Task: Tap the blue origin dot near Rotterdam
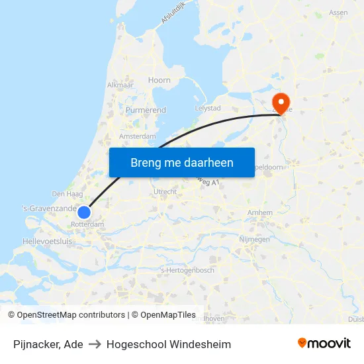click(84, 212)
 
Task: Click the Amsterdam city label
click(137, 136)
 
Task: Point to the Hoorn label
click(159, 80)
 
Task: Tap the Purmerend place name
click(146, 110)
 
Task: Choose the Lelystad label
click(208, 107)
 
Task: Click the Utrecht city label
click(165, 191)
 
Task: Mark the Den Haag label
click(66, 194)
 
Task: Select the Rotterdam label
click(87, 224)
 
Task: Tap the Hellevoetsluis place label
click(48, 242)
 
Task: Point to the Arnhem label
click(259, 212)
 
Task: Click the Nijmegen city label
click(253, 239)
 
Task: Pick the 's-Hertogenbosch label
click(188, 270)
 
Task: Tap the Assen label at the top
click(338, 13)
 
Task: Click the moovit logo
click(324, 343)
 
